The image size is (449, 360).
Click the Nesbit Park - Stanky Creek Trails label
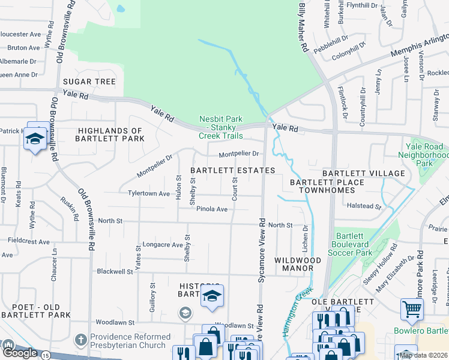pos(221,127)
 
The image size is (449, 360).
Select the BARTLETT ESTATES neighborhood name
pos(233,170)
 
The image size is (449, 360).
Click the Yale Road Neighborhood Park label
pos(424,154)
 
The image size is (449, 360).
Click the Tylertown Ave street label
pos(149,194)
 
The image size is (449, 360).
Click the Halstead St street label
pos(364,206)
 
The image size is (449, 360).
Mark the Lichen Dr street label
pos(305,238)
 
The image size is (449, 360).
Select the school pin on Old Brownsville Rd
pos(35,139)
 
